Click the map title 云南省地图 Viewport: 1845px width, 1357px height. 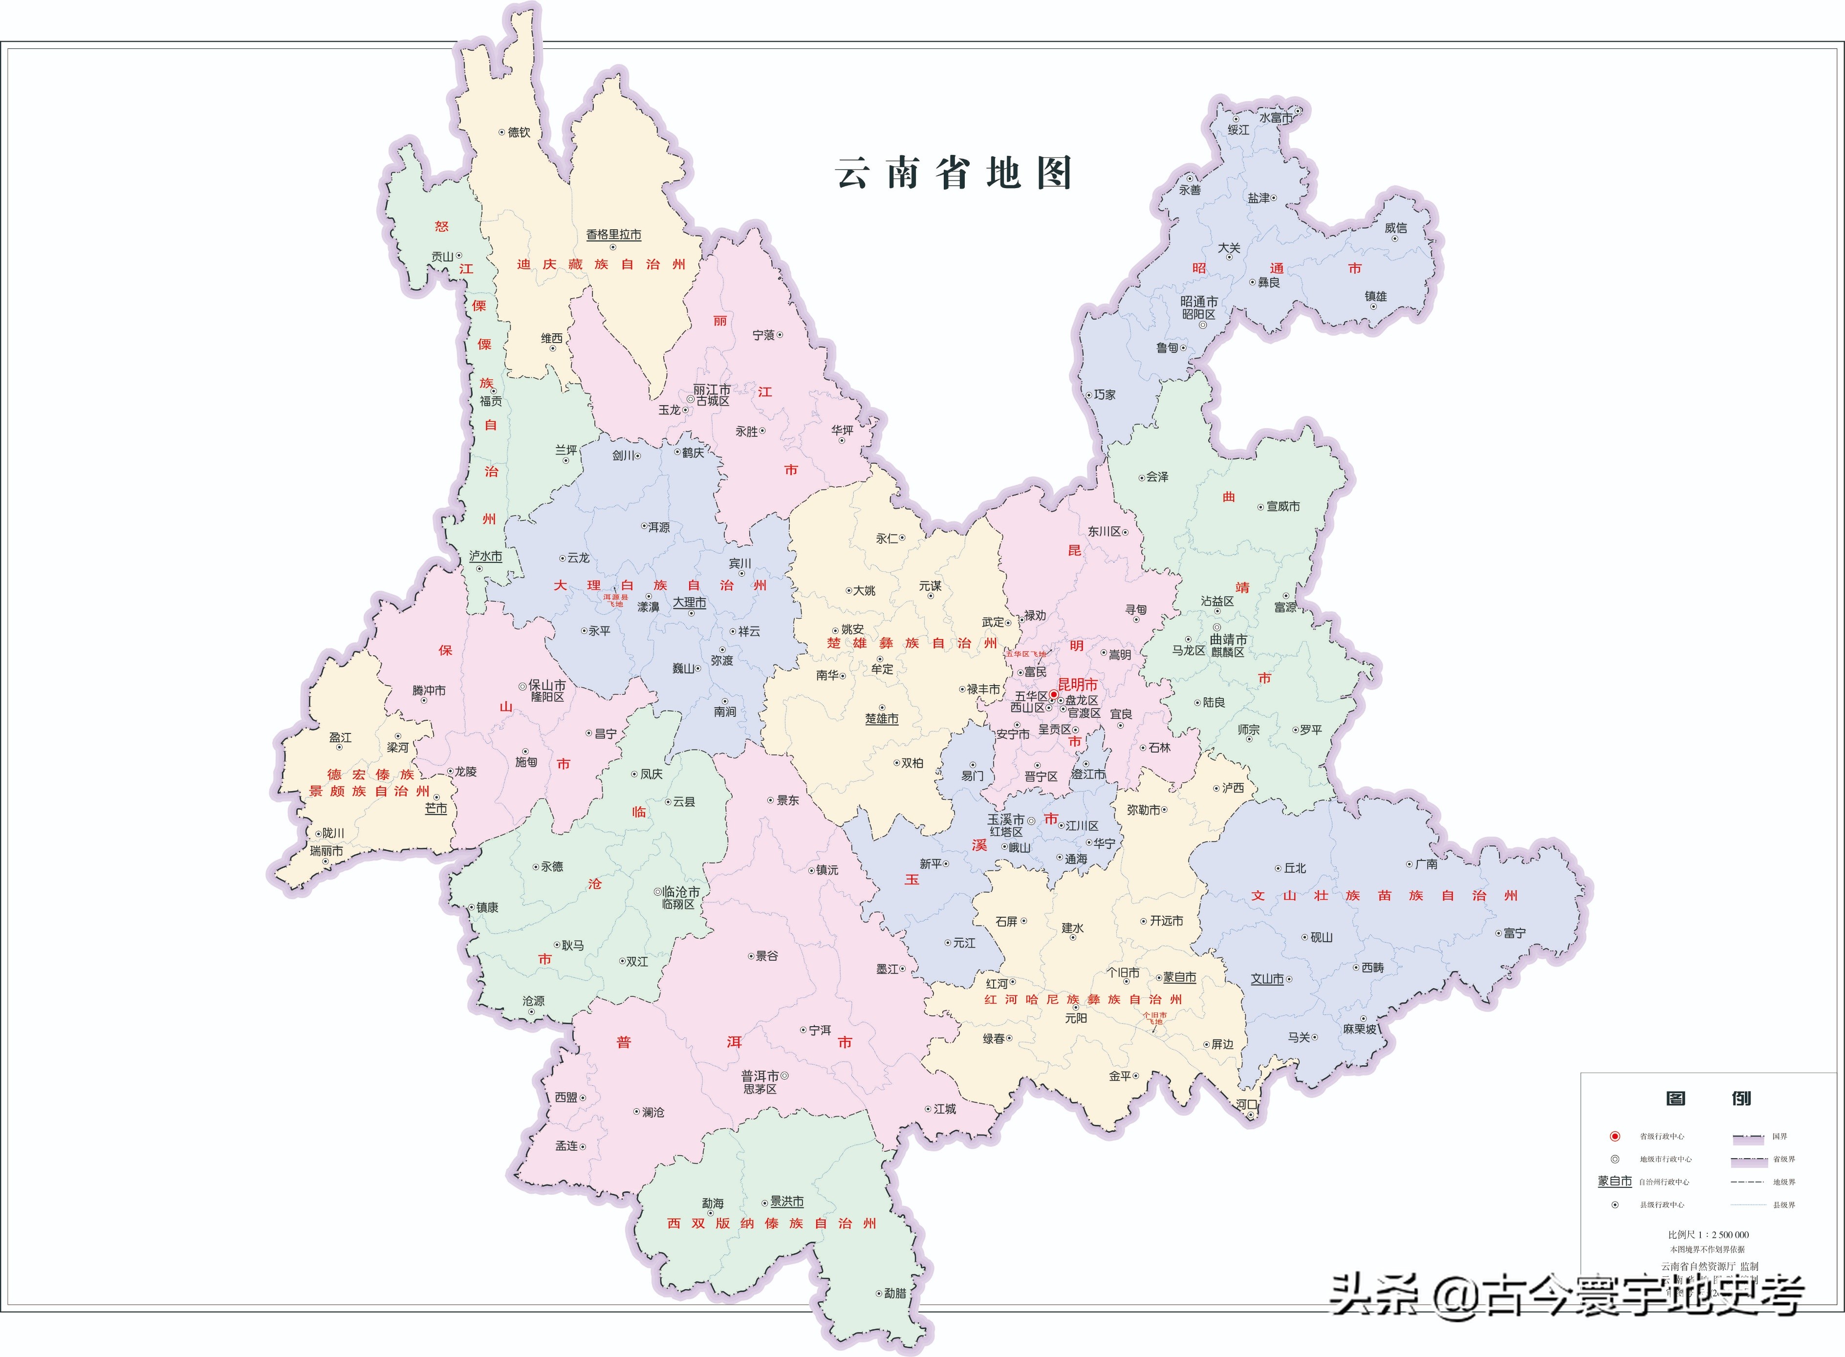953,173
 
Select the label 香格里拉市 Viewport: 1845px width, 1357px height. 614,235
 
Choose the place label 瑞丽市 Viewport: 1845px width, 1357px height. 326,851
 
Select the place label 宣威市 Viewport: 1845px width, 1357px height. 1283,507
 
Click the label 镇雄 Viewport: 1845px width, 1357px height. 1376,297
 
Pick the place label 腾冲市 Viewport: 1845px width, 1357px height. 429,691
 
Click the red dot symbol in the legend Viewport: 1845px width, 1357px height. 1615,1137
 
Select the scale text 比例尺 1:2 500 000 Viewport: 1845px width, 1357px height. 1708,1235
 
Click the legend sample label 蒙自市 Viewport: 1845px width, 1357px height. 1614,1181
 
